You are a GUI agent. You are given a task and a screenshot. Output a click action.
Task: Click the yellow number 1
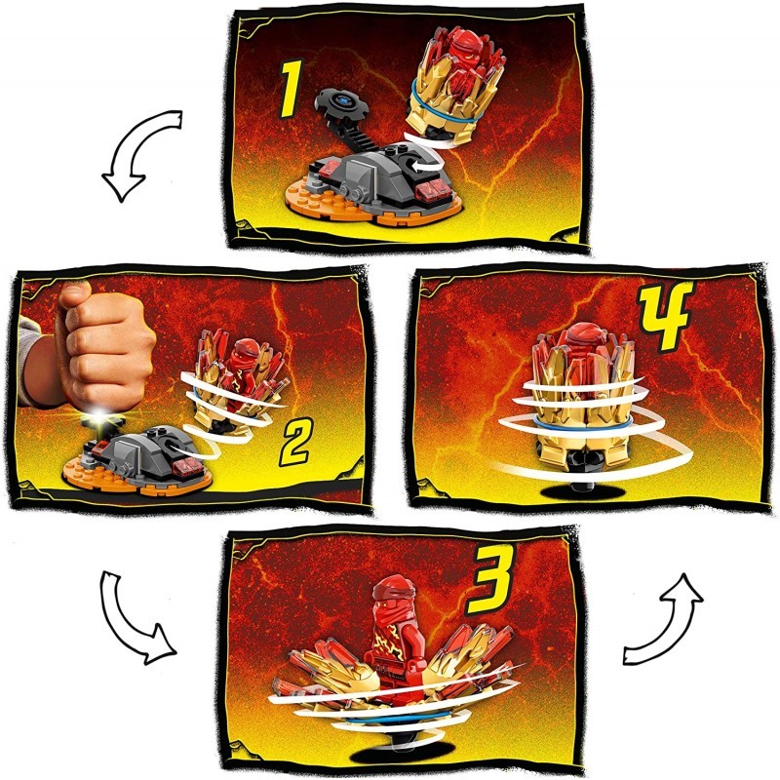(x=291, y=90)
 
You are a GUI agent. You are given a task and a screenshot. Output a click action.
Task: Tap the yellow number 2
(x=296, y=442)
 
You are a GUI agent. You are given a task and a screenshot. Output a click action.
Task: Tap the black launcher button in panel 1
(x=343, y=104)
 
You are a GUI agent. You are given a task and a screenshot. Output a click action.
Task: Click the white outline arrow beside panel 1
(x=141, y=154)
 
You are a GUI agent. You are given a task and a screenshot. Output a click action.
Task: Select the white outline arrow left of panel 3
(x=135, y=622)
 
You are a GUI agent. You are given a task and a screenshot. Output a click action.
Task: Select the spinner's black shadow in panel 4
(x=582, y=491)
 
